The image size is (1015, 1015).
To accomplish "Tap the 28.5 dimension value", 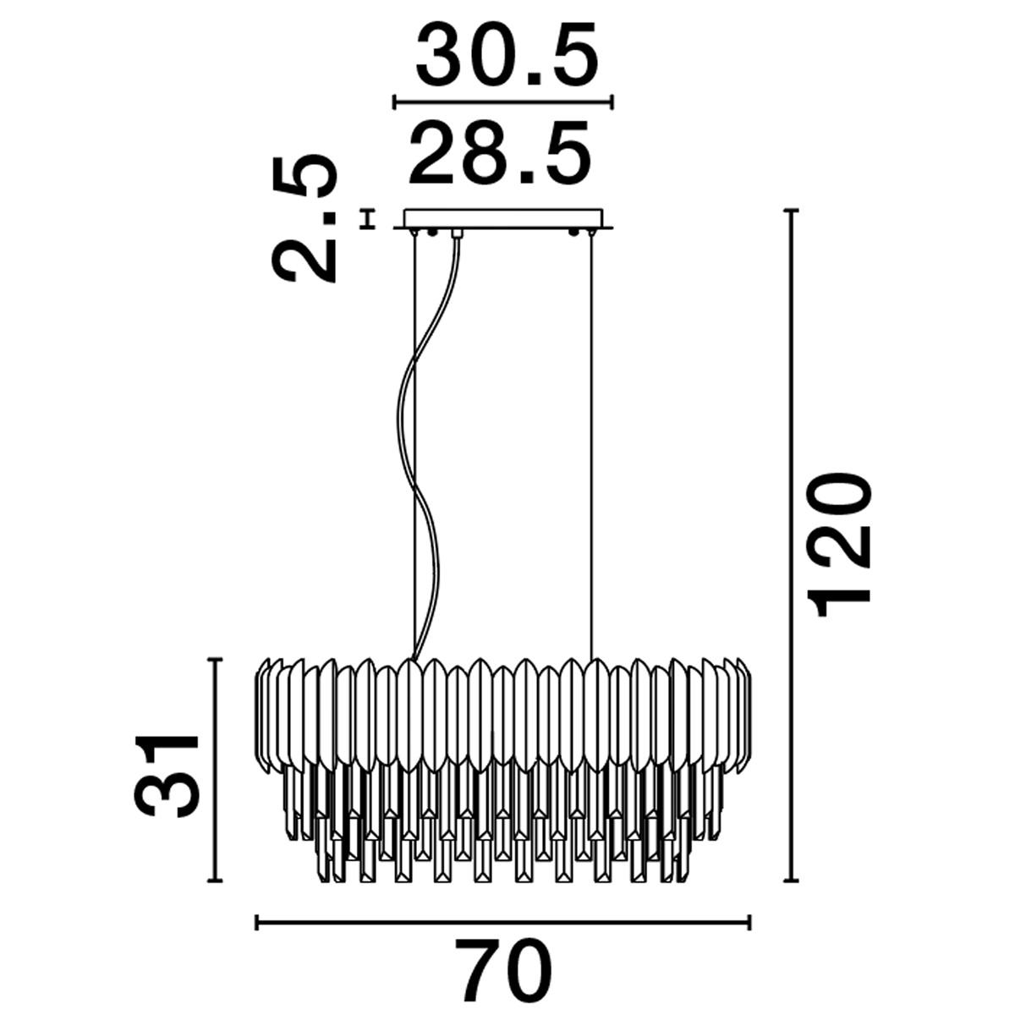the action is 499,152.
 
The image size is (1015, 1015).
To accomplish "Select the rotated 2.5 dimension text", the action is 304,219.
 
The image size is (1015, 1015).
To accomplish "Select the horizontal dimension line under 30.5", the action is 503,102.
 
